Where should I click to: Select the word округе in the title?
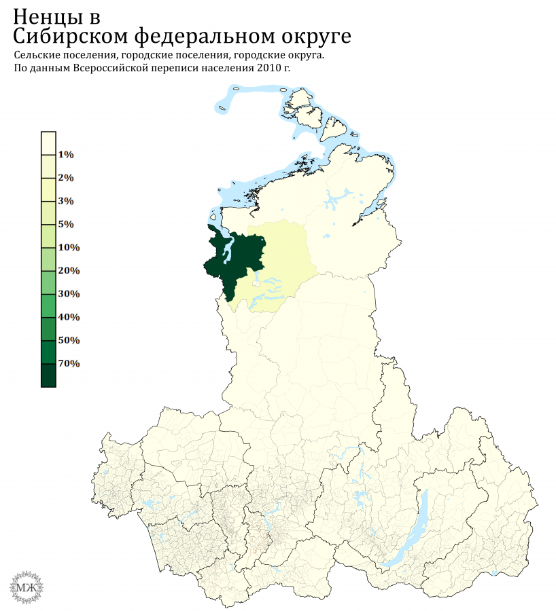point(312,36)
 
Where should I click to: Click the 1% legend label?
point(66,155)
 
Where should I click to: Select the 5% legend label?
point(66,224)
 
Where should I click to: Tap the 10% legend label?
point(69,247)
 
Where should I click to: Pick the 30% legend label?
point(69,294)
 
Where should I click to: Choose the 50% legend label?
point(69,340)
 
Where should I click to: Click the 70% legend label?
point(69,363)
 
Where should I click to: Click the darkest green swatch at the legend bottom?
point(48,375)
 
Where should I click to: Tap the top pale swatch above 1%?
point(48,143)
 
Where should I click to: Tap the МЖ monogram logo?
point(28,585)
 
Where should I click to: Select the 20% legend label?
point(69,271)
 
